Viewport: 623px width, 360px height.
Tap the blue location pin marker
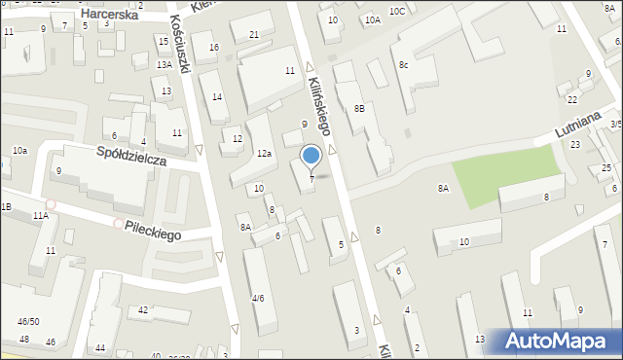(x=311, y=156)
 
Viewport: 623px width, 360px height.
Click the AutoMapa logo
(x=559, y=341)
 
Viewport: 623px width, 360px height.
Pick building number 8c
(x=402, y=64)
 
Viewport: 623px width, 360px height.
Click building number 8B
(x=359, y=108)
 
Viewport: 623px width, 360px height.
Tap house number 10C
(x=396, y=11)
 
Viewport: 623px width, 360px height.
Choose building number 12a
(x=264, y=153)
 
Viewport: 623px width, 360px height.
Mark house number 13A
(x=165, y=64)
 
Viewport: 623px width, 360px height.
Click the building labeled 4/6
(x=258, y=298)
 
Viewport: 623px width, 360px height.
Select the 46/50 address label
(x=28, y=321)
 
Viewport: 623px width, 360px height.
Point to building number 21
(x=254, y=35)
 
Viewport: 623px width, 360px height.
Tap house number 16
(x=214, y=48)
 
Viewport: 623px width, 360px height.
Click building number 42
(x=143, y=309)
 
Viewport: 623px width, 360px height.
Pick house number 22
(x=572, y=100)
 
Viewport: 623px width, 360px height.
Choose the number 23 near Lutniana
(x=575, y=144)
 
